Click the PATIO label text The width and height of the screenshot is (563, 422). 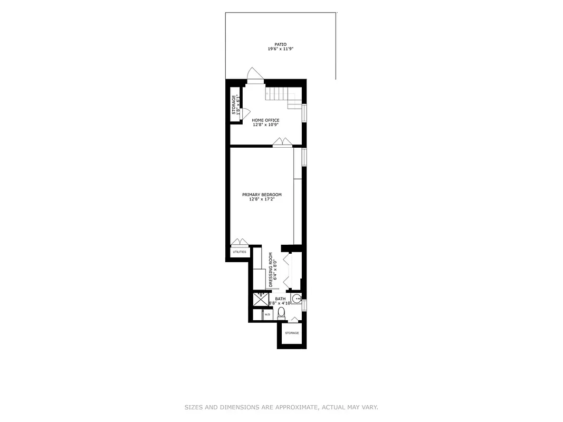[x=280, y=44]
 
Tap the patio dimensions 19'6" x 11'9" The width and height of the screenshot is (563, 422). [x=280, y=49]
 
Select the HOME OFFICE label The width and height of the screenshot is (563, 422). [x=265, y=120]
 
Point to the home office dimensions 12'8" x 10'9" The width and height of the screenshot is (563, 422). [x=265, y=125]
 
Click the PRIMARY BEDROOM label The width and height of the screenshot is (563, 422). [x=262, y=195]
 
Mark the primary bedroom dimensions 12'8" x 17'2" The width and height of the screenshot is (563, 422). [x=262, y=199]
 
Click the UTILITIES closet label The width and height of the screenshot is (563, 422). [x=240, y=252]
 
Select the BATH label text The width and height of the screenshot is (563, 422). [x=280, y=299]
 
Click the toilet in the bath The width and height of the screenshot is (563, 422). [x=281, y=313]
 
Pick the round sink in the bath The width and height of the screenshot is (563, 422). [x=296, y=299]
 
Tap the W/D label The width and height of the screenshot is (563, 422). [x=267, y=314]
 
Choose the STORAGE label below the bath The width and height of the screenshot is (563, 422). [x=292, y=333]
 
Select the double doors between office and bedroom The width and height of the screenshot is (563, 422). [x=282, y=142]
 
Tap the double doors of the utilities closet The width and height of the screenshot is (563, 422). [x=240, y=243]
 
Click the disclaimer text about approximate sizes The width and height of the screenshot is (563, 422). [x=281, y=407]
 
